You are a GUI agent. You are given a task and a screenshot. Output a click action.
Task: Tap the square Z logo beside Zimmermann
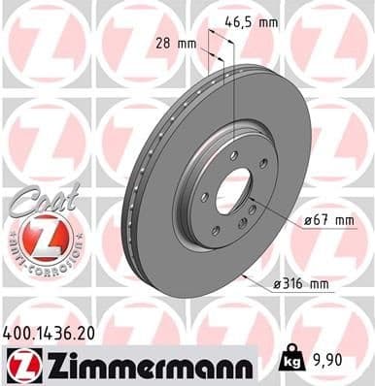click(x=20, y=365)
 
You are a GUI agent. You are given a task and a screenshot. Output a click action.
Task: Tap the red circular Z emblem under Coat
click(x=39, y=232)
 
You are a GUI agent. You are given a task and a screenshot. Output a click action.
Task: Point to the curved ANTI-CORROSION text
click(x=39, y=260)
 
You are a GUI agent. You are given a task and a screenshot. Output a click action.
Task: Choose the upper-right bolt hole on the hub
click(x=261, y=173)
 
